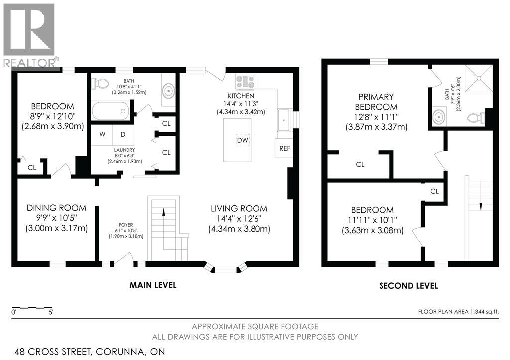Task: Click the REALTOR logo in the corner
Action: tap(29, 35)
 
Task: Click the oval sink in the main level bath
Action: tap(169, 91)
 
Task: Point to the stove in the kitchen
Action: tap(245, 81)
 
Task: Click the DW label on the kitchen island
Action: tap(242, 141)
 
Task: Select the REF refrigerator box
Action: tap(284, 148)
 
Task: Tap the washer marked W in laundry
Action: tap(102, 134)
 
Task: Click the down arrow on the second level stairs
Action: tap(481, 205)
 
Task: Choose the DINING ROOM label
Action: tap(56, 208)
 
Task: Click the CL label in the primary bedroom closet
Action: tap(360, 164)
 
